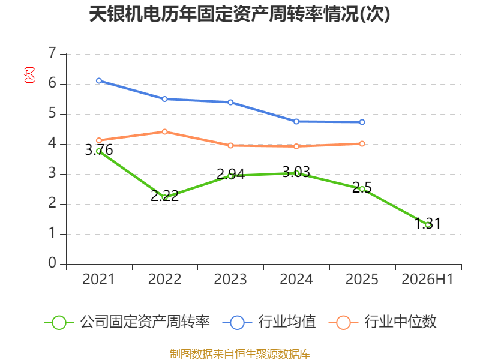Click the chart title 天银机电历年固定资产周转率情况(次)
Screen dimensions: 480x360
pyautogui.click(x=239, y=14)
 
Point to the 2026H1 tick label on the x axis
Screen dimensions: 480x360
pyautogui.click(x=427, y=280)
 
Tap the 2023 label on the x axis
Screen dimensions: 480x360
pyautogui.click(x=230, y=280)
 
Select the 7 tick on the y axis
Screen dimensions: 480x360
pyautogui.click(x=52, y=53)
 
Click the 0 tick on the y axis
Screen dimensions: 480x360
pyautogui.click(x=52, y=263)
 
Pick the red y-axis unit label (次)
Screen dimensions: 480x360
pyautogui.click(x=29, y=75)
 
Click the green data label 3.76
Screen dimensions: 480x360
pyautogui.click(x=99, y=150)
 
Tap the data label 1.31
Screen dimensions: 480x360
pyautogui.click(x=428, y=223)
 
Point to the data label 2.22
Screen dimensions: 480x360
pyautogui.click(x=164, y=196)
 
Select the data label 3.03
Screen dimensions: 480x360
pyautogui.click(x=296, y=172)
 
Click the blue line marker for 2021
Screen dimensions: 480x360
pyautogui.click(x=99, y=81)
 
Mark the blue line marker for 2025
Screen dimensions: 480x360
pyautogui.click(x=362, y=122)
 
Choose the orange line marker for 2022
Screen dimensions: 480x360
pyautogui.click(x=164, y=131)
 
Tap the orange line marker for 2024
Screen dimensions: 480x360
pyautogui.click(x=296, y=146)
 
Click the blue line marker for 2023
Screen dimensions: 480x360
pyautogui.click(x=230, y=102)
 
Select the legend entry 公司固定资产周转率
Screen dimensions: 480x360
pyautogui.click(x=127, y=322)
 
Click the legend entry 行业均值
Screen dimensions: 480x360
pyautogui.click(x=269, y=322)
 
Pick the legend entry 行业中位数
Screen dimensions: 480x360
pyautogui.click(x=382, y=322)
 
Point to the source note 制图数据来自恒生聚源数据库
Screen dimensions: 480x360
pyautogui.click(x=239, y=354)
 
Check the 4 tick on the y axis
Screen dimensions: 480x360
pyautogui.click(x=52, y=143)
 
